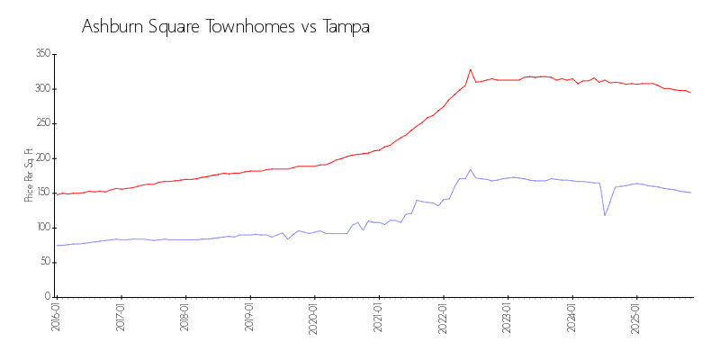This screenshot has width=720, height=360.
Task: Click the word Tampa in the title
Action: (x=347, y=27)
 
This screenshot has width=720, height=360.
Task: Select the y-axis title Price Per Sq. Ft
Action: (x=29, y=175)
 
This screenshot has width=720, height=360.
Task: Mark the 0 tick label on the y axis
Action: (x=47, y=297)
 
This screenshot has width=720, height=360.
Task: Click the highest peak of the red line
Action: (x=470, y=69)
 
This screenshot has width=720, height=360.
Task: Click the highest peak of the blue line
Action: (x=470, y=169)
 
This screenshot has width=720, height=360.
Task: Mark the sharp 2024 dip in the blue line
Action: (x=605, y=215)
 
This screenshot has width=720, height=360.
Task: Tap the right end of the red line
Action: (x=691, y=93)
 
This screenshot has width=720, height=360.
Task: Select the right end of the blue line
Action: (x=691, y=193)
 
